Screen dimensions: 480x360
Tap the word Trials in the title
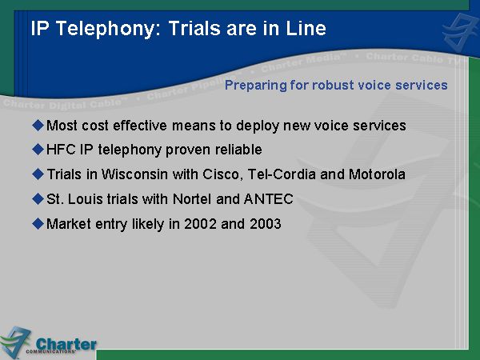[x=194, y=28]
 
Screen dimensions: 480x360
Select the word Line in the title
[x=306, y=28]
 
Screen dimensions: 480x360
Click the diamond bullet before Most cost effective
[x=38, y=126]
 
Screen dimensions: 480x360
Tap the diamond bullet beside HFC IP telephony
[x=38, y=150]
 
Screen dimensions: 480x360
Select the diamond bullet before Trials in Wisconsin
[x=38, y=174]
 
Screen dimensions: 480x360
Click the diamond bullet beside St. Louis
[x=38, y=199]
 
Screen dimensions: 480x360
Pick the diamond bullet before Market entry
[x=38, y=224]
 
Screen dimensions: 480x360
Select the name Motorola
[x=377, y=174]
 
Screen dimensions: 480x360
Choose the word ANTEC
[x=269, y=199]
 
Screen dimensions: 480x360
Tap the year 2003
[x=266, y=224]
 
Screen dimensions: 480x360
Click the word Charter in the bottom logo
[x=66, y=344]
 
